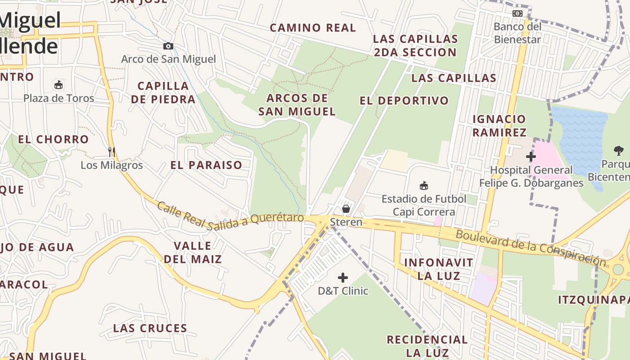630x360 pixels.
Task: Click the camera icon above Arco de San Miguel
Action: coord(168,46)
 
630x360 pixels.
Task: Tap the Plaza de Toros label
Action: coord(59,98)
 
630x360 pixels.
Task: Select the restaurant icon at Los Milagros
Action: coord(111,152)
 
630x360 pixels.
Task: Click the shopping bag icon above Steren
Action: coord(346,209)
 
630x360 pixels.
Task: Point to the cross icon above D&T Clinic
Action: coord(343,278)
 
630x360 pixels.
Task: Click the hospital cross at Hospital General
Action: coord(531,157)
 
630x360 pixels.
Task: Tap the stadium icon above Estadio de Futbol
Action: coord(423,185)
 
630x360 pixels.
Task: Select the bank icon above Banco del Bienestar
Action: coord(517,13)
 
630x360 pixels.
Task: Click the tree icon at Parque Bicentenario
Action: coord(619,151)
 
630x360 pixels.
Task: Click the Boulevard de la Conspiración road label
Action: coord(531,247)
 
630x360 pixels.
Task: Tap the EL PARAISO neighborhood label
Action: coord(206,165)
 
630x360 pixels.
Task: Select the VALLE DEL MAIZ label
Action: coord(193,252)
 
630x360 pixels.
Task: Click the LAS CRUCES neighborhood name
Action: coord(150,328)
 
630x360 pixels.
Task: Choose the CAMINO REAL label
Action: coord(313,27)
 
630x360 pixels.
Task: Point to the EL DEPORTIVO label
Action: coord(404,100)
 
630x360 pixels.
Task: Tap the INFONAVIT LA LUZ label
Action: coord(438,269)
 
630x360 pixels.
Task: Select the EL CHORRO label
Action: coord(53,139)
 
